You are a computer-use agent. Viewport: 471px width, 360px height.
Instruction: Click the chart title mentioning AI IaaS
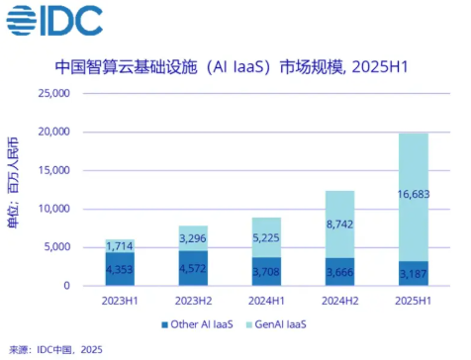(x=235, y=67)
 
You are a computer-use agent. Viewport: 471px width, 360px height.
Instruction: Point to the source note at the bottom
(x=54, y=349)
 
